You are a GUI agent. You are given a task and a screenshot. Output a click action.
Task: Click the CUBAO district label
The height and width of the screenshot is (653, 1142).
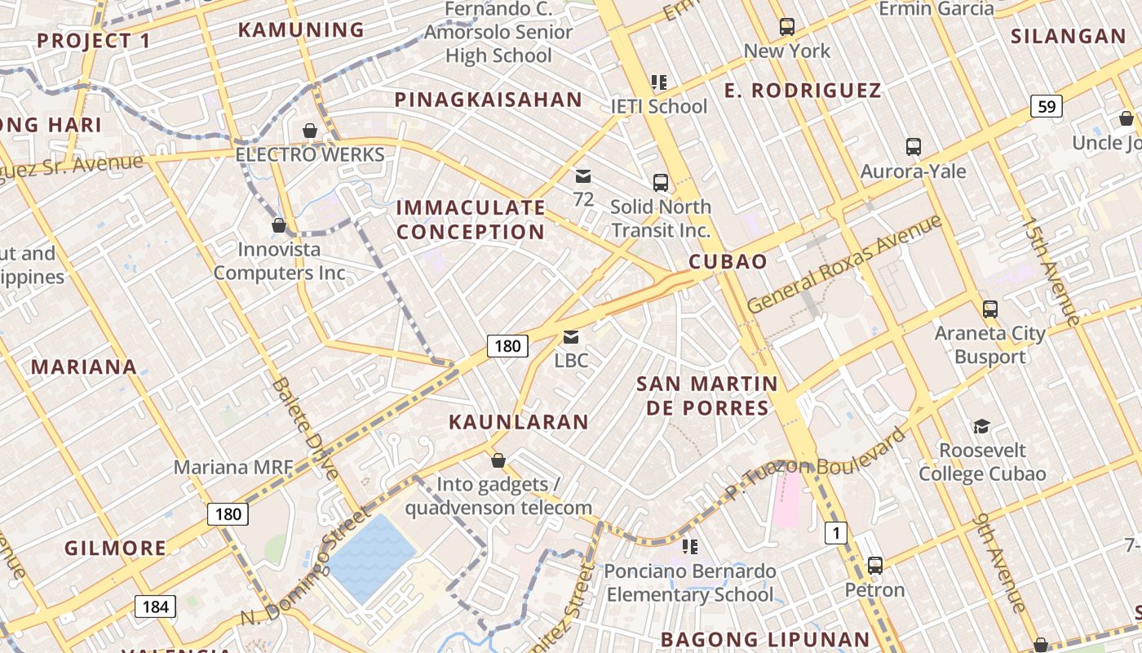click(x=728, y=262)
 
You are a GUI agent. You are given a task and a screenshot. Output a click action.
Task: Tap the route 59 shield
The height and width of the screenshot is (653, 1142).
click(x=1046, y=106)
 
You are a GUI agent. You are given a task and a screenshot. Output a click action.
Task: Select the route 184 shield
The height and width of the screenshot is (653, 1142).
click(x=155, y=606)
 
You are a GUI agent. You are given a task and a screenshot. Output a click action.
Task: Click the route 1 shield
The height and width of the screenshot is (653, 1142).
click(x=835, y=534)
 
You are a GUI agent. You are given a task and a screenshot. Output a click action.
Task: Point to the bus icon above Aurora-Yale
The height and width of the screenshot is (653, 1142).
click(x=914, y=147)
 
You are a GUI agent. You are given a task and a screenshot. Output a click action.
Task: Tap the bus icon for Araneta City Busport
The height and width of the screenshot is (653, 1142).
click(x=990, y=309)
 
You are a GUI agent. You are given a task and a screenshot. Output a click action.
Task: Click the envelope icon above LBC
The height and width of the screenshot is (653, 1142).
click(x=571, y=337)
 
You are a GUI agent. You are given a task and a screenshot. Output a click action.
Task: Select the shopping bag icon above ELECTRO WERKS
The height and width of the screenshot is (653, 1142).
click(x=310, y=131)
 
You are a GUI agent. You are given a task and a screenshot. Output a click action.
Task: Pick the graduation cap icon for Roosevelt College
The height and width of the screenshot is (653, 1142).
click(x=981, y=426)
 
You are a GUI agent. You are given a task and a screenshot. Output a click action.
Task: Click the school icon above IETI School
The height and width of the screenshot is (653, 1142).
click(x=659, y=82)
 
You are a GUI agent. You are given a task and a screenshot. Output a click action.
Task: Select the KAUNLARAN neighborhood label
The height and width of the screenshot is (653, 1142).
click(x=519, y=422)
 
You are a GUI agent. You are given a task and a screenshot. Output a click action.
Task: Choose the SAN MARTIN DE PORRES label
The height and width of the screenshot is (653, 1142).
click(x=707, y=395)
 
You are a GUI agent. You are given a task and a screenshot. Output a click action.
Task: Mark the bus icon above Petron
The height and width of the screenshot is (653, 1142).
click(x=875, y=565)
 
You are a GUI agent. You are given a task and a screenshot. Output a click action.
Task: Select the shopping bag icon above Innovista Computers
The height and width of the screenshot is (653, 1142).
click(x=279, y=225)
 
